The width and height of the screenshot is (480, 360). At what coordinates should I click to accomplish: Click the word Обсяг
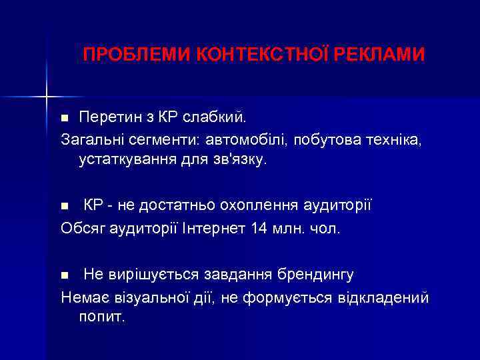(81, 229)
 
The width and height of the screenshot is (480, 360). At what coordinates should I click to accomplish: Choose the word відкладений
(385, 297)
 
